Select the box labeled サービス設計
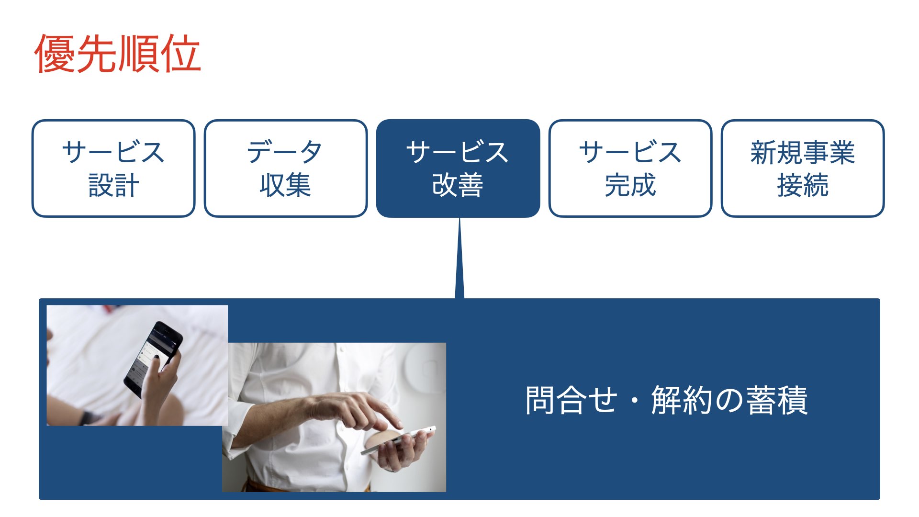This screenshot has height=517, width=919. [x=113, y=169]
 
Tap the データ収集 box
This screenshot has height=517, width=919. [x=286, y=169]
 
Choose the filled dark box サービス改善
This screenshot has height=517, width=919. [x=458, y=169]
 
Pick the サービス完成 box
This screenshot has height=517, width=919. [x=630, y=169]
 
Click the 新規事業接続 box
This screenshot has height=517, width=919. [x=803, y=169]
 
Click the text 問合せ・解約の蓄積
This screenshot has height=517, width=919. [x=666, y=400]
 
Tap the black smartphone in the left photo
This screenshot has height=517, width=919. [x=153, y=359]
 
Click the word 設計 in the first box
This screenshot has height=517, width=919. [x=113, y=185]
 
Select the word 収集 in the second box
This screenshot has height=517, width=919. [x=286, y=185]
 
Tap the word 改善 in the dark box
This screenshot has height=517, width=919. [x=458, y=185]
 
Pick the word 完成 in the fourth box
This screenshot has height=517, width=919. [x=630, y=185]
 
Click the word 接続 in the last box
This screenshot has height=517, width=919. [x=803, y=185]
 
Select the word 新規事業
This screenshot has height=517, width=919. [x=803, y=153]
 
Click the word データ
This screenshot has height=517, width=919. [x=285, y=152]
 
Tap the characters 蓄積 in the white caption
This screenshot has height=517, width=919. [x=777, y=400]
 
